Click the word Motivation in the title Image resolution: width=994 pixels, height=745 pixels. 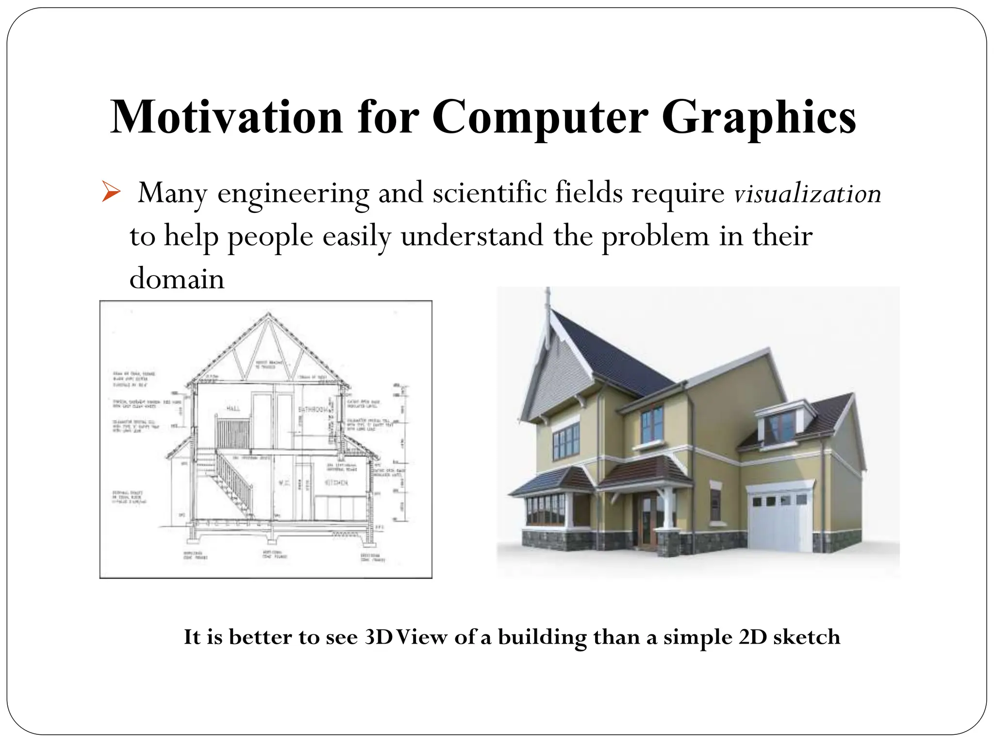227,117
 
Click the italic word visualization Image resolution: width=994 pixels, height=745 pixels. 807,194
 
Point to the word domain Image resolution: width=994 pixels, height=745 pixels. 177,279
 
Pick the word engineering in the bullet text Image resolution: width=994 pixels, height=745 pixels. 293,194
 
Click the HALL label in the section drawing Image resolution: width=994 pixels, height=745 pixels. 233,409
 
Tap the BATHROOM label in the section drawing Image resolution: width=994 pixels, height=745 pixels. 313,410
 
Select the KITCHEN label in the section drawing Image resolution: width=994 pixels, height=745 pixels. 336,483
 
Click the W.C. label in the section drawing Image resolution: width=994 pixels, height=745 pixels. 284,483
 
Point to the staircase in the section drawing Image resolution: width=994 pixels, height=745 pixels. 233,480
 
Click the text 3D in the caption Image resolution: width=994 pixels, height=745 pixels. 378,637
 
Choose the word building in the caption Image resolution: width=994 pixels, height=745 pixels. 542,637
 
